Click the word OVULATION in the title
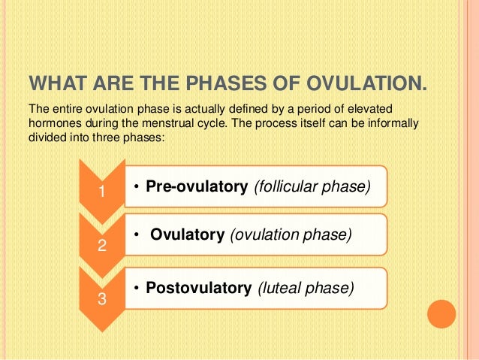click(x=366, y=83)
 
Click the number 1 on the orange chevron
click(x=102, y=192)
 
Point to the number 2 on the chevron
click(x=102, y=245)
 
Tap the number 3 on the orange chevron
click(x=102, y=299)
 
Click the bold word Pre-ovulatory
click(x=197, y=186)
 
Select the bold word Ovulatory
click(x=188, y=234)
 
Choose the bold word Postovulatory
click(x=199, y=288)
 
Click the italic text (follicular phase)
click(x=312, y=186)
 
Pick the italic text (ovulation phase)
click(x=291, y=234)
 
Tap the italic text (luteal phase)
click(x=306, y=288)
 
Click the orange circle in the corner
click(x=441, y=314)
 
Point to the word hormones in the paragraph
click(x=56, y=123)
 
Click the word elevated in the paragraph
click(x=370, y=109)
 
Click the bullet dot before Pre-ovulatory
click(x=137, y=187)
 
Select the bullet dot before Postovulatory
click(x=137, y=288)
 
